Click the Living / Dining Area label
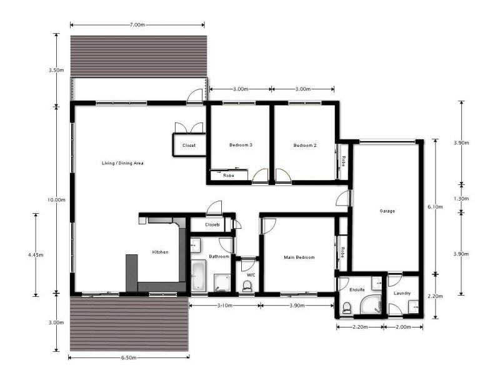123,163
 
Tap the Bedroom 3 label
241,145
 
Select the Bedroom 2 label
305,145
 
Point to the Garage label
387,211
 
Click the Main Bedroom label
299,257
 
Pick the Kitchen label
161,252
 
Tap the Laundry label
402,293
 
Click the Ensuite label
357,289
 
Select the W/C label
251,275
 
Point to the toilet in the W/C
247,286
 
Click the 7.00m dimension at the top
137,25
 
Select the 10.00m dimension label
57,199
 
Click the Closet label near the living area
189,146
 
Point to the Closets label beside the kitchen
212,224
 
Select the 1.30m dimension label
461,199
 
